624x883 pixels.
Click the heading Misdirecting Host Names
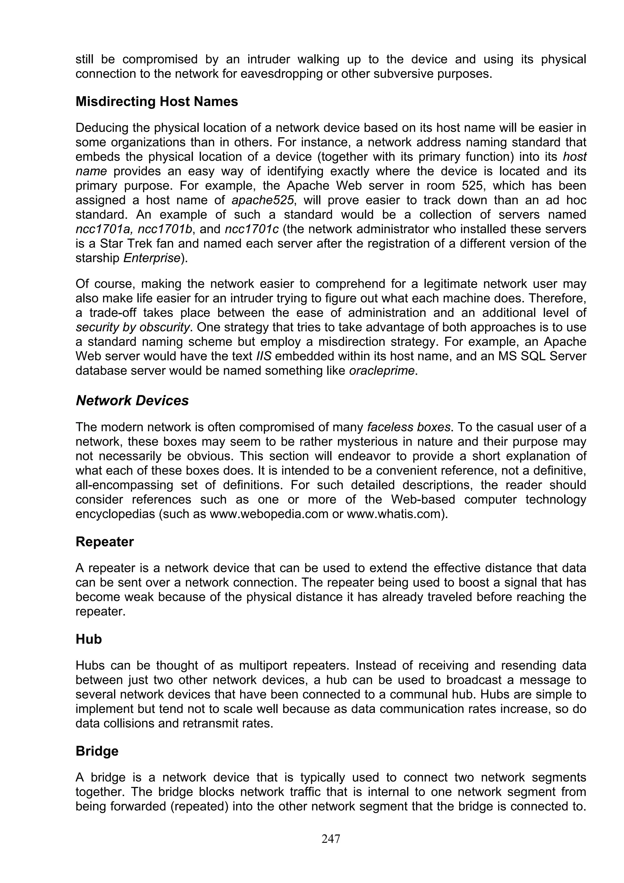(x=157, y=101)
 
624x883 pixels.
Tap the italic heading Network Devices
(x=132, y=400)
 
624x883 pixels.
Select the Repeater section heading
(x=105, y=541)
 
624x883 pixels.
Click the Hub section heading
(x=89, y=639)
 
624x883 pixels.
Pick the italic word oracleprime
(x=382, y=371)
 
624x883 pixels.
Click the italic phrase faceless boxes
(x=408, y=427)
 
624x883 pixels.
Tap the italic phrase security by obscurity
(x=133, y=327)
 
